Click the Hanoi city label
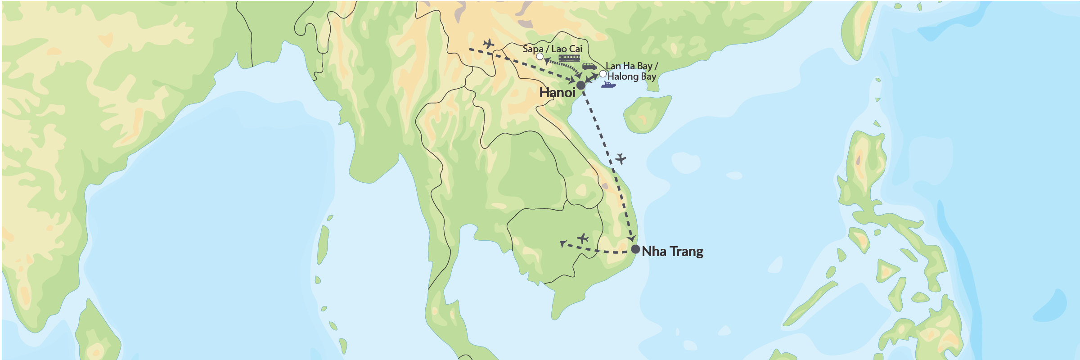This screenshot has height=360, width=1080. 557,93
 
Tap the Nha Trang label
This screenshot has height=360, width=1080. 672,251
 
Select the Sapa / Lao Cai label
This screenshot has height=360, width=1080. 552,49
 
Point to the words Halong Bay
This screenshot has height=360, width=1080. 632,76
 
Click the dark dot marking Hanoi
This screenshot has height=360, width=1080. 581,85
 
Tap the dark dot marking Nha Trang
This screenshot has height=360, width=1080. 635,249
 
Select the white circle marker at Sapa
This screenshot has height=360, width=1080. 540,57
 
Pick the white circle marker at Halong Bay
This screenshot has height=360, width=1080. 603,74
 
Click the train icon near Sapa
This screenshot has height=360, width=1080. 569,58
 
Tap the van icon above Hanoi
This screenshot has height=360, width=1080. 589,67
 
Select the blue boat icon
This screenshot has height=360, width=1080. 608,85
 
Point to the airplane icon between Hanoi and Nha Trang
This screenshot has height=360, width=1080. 621,158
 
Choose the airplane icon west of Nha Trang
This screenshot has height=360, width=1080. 583,238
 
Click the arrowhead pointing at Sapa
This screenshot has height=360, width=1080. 546,61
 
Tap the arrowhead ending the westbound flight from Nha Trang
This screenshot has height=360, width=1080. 562,243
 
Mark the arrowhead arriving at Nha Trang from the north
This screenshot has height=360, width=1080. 632,238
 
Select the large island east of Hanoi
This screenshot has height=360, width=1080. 646,114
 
